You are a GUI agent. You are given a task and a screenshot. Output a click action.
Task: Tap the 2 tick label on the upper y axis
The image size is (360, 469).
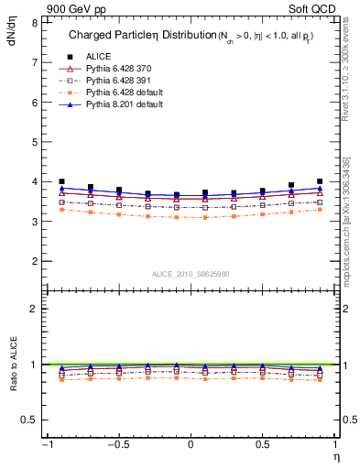34,261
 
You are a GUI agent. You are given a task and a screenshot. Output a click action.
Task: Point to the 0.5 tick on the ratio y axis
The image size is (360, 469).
29,420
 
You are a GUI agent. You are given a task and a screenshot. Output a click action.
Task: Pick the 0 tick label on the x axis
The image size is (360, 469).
190,445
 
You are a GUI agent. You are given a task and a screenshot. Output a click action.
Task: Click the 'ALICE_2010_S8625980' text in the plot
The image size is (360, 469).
190,274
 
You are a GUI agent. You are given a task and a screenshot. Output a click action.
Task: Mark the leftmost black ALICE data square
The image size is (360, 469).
61,181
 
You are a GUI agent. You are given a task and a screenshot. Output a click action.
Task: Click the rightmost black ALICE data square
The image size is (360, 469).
319,181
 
